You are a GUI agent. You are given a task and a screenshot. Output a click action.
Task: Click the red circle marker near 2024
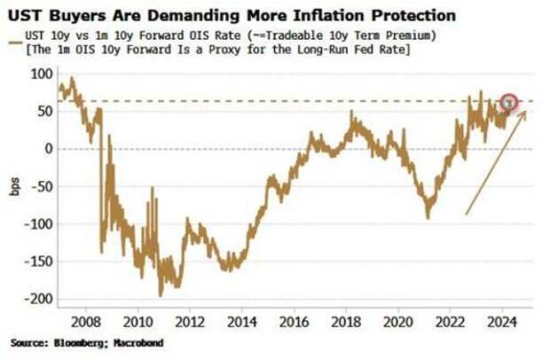pos(508,103)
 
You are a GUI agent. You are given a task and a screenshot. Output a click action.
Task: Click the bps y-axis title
pos(16,188)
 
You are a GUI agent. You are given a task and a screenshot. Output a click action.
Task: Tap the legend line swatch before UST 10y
pos(17,36)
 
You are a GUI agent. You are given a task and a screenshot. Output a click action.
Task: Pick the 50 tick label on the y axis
pos(41,112)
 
